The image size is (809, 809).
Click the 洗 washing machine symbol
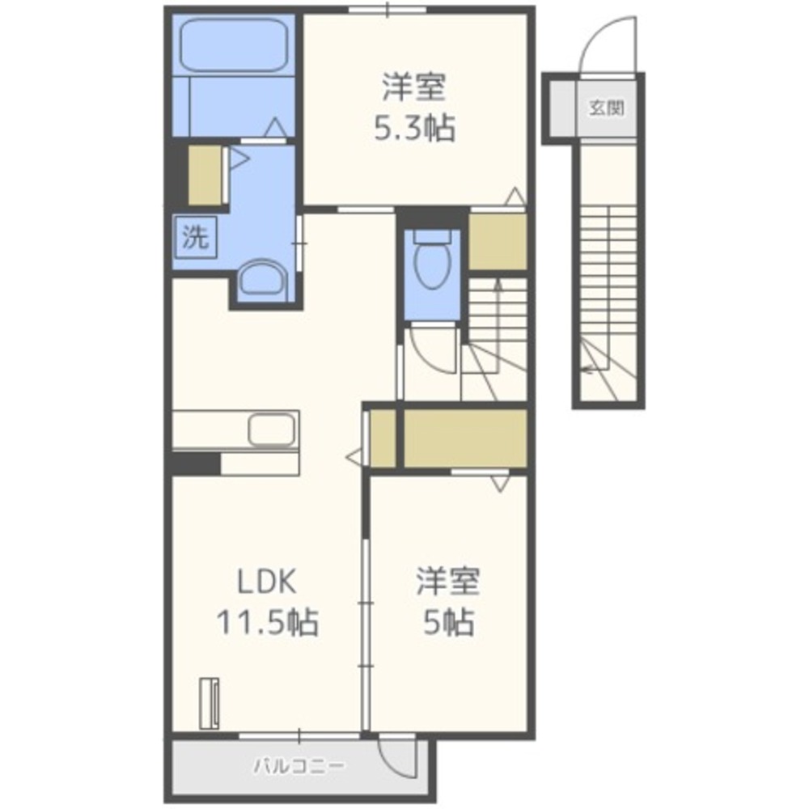click(196, 237)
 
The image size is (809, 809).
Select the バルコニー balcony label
click(299, 765)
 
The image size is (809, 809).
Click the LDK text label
click(267, 582)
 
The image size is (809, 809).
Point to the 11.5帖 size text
click(267, 621)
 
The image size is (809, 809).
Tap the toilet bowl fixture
click(432, 260)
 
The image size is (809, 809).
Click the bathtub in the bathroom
click(234, 45)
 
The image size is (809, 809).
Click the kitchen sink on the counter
click(273, 430)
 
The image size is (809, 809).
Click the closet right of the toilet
click(498, 241)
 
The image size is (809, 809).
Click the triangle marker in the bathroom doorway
click(276, 128)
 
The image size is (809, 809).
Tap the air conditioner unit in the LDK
click(209, 703)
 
